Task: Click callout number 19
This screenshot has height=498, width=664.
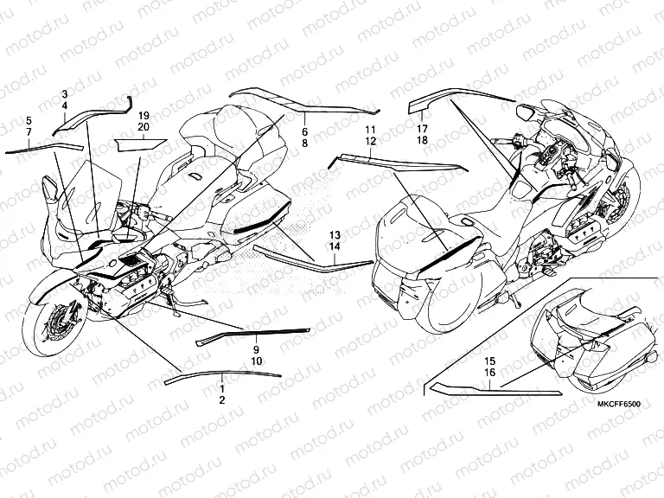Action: pyautogui.click(x=144, y=116)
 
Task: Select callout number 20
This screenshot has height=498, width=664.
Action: pyautogui.click(x=144, y=127)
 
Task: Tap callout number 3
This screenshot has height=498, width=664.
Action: pyautogui.click(x=65, y=93)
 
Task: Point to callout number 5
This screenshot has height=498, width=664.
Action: pyautogui.click(x=29, y=121)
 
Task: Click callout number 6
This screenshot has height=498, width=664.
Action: pyautogui.click(x=305, y=131)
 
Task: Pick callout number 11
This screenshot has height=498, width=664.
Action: pyautogui.click(x=371, y=130)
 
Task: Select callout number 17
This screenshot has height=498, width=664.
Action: pyautogui.click(x=422, y=128)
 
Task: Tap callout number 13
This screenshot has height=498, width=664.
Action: pyautogui.click(x=335, y=235)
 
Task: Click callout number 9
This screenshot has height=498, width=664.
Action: pyautogui.click(x=256, y=350)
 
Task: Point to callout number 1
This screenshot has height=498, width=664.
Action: pyautogui.click(x=222, y=388)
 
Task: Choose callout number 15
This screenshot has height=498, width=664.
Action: pyautogui.click(x=489, y=361)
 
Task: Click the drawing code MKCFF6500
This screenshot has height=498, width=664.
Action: pyautogui.click(x=619, y=404)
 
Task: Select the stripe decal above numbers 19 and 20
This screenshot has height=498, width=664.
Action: pyautogui.click(x=141, y=144)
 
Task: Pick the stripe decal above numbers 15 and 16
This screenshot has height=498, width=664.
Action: pyautogui.click(x=495, y=390)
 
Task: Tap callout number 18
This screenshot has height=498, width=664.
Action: pyautogui.click(x=422, y=140)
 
